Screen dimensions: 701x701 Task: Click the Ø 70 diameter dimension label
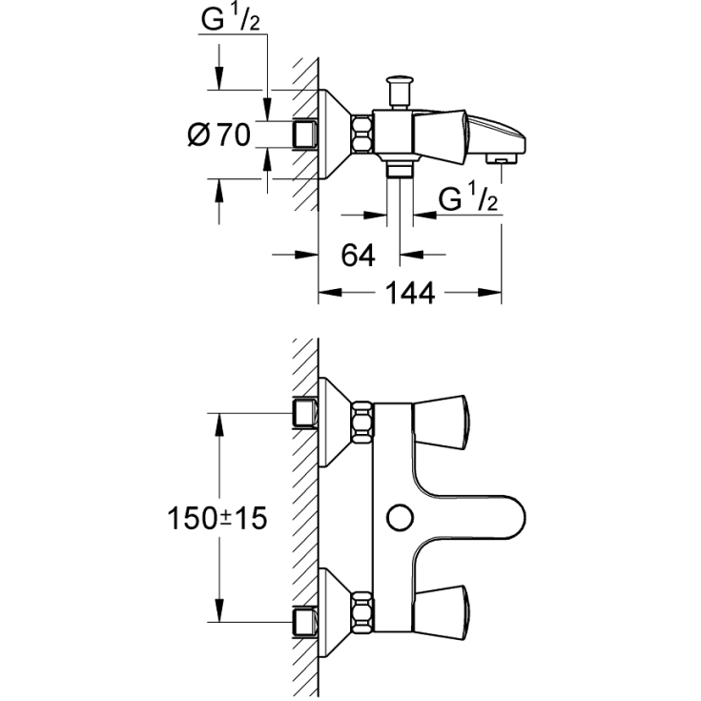(x=219, y=134)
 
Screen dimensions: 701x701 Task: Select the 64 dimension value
(x=358, y=256)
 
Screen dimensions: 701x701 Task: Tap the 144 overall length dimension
(x=410, y=293)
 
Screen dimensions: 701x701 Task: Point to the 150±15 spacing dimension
(x=216, y=519)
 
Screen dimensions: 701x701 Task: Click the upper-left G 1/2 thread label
(x=230, y=20)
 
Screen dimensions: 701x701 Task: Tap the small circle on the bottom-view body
(x=401, y=518)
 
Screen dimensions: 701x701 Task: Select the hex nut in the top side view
(x=362, y=134)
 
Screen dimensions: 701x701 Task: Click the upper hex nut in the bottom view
(x=362, y=423)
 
